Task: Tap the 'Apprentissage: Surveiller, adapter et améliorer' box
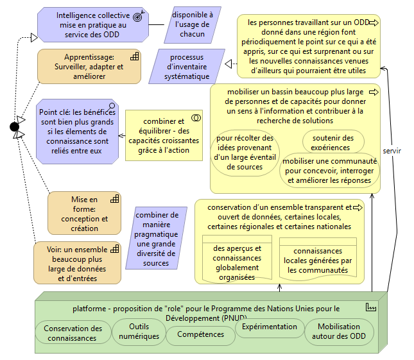[x=88, y=67]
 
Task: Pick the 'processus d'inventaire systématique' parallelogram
[x=190, y=67]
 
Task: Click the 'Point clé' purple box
[x=78, y=131]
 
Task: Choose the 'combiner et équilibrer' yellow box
[x=163, y=135]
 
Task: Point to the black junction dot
[x=15, y=126]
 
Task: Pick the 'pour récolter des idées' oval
[x=245, y=152]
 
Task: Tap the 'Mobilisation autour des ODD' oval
[x=338, y=331]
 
